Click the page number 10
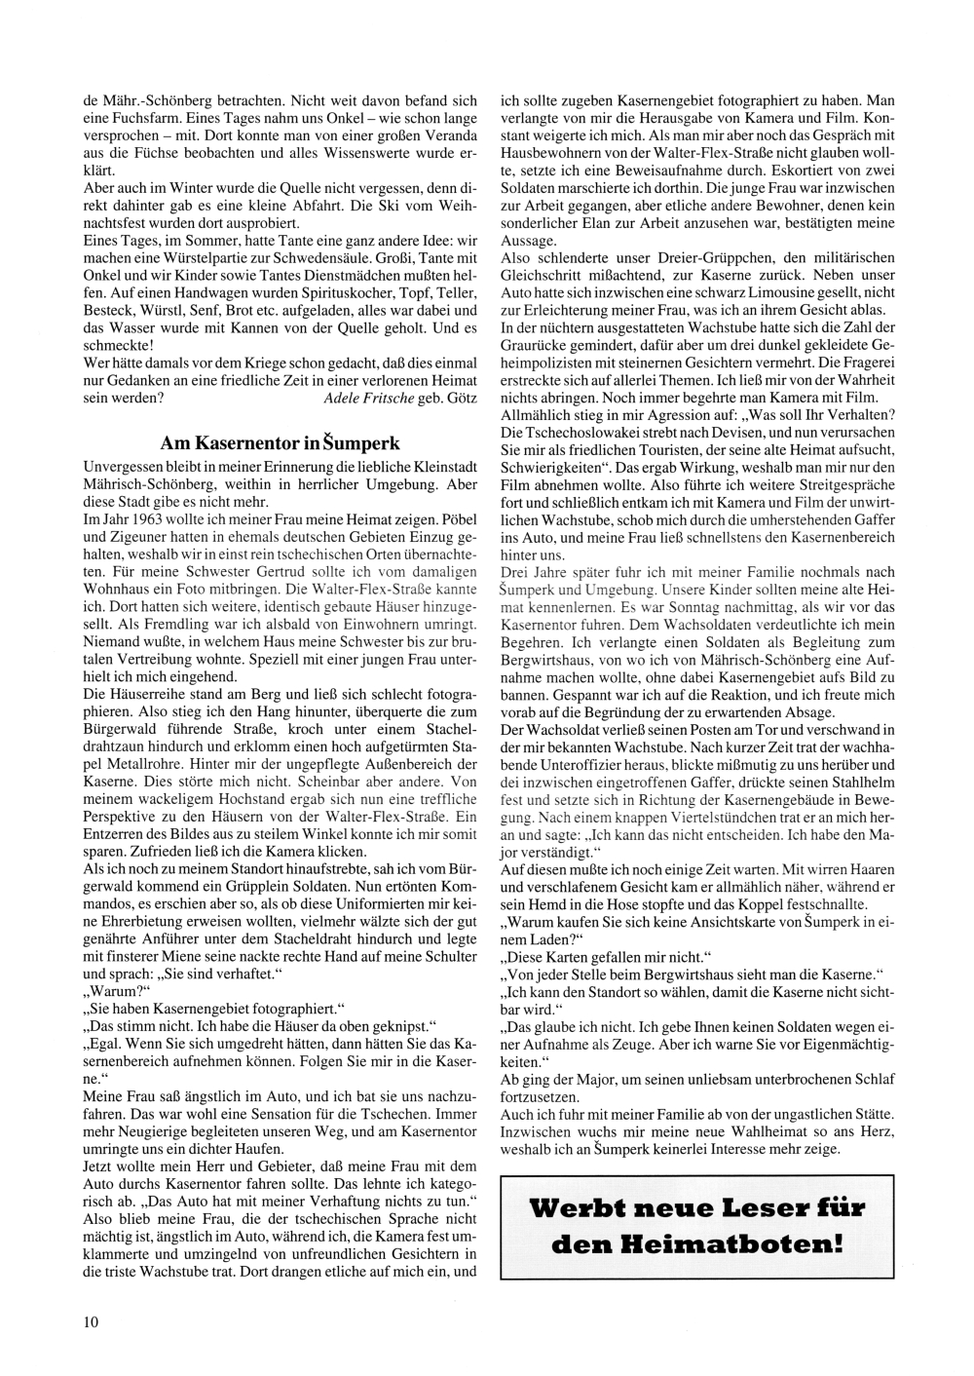coord(91,1321)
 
